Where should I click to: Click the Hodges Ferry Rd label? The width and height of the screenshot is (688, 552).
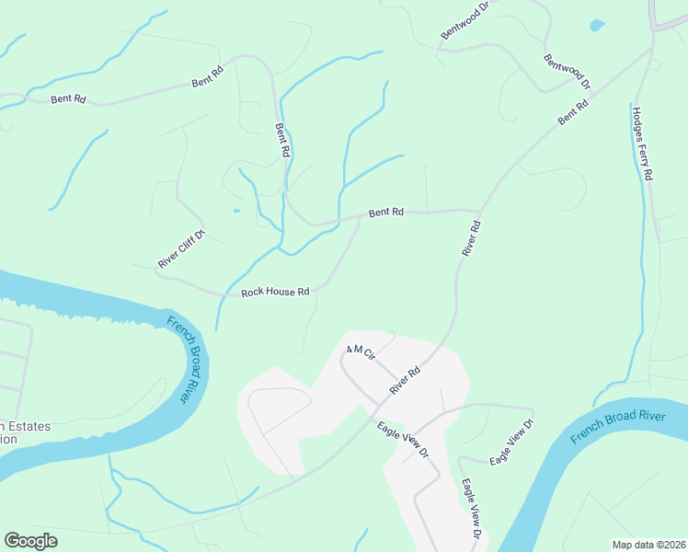click(x=642, y=144)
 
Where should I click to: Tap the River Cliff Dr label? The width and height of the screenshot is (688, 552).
click(x=180, y=248)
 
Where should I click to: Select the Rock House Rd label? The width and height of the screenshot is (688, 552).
click(x=275, y=292)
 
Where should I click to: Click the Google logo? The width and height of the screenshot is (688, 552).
click(x=30, y=541)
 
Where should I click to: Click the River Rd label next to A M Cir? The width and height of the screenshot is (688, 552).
click(x=404, y=381)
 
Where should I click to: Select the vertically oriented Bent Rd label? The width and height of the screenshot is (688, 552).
click(x=283, y=140)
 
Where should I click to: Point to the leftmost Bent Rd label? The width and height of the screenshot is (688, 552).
click(x=68, y=98)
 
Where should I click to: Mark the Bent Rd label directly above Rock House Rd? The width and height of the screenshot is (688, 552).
click(x=386, y=213)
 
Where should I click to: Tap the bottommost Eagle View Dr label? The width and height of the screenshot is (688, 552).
click(x=472, y=509)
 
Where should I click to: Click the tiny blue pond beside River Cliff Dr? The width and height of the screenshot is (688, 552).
click(x=236, y=211)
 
